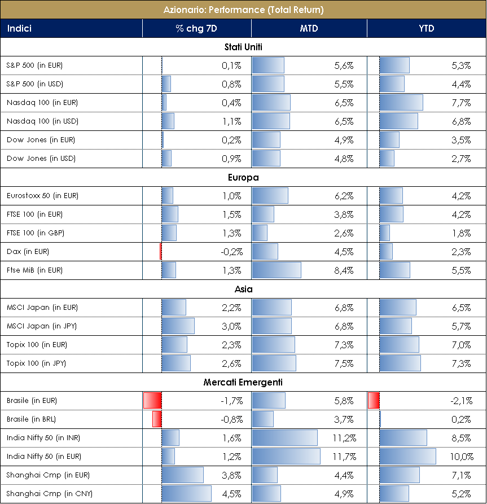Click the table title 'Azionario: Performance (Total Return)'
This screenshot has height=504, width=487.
(x=243, y=10)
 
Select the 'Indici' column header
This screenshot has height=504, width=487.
(x=19, y=28)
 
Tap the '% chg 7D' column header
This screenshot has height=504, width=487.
(x=196, y=28)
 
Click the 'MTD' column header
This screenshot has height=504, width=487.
(x=308, y=28)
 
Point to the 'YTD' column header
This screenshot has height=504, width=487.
(x=427, y=28)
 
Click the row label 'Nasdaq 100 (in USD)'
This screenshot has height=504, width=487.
(x=42, y=121)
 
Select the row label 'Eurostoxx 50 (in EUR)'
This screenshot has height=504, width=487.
(x=42, y=196)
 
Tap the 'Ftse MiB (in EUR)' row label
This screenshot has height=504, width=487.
(x=34, y=270)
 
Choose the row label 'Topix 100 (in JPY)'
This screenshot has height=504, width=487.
(x=36, y=363)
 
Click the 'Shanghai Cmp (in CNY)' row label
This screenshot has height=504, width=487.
(x=42, y=494)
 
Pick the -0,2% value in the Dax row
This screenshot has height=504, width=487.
(x=231, y=252)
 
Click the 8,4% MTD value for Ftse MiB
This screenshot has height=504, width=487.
(x=344, y=270)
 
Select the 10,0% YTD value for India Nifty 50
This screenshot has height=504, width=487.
(x=459, y=457)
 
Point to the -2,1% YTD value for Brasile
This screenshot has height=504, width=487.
(x=460, y=401)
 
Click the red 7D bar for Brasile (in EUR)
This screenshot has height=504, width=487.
(x=152, y=401)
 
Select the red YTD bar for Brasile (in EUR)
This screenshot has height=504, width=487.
(x=373, y=401)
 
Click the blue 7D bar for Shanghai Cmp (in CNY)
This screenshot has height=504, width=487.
(x=186, y=494)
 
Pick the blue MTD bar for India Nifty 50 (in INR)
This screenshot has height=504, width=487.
(x=284, y=438)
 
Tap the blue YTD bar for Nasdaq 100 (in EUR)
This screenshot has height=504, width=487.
(x=401, y=103)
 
